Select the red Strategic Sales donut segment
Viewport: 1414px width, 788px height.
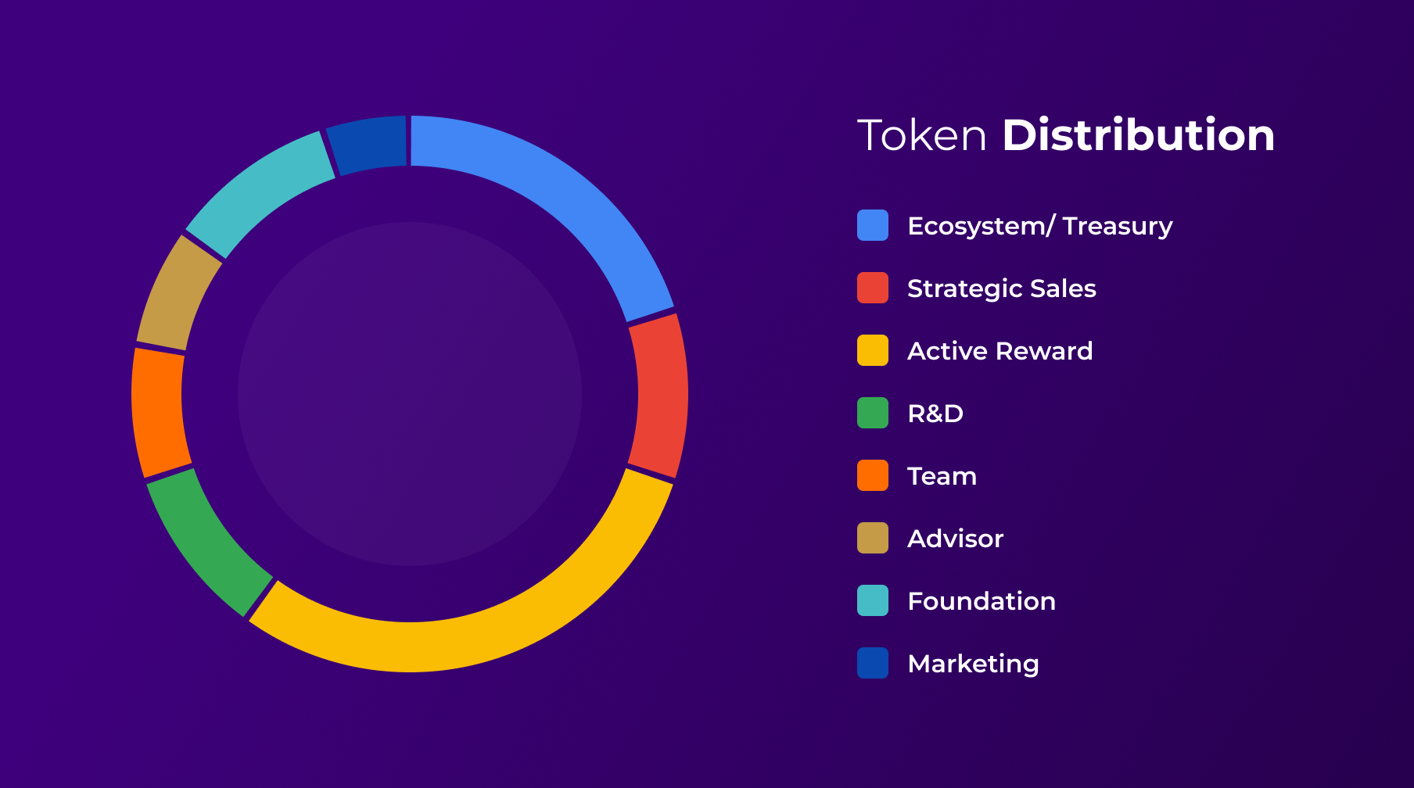(x=659, y=396)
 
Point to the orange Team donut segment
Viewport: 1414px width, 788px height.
(x=159, y=412)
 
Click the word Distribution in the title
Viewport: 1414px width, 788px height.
(x=1139, y=135)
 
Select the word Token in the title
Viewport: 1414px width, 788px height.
(x=922, y=135)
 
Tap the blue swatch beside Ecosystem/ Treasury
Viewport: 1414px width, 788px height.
(x=873, y=225)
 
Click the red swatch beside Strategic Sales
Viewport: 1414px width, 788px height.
(x=873, y=288)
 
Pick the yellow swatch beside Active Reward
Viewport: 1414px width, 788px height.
(x=873, y=350)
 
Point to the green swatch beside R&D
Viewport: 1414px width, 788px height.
(x=873, y=413)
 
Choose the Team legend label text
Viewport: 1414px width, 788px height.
(x=942, y=476)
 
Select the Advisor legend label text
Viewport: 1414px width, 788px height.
(x=955, y=539)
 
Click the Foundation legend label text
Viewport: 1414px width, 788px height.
(x=982, y=601)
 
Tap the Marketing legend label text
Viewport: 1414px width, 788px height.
(x=973, y=664)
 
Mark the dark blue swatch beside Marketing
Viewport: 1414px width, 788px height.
(x=873, y=663)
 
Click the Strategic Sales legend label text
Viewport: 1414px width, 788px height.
(x=1001, y=289)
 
